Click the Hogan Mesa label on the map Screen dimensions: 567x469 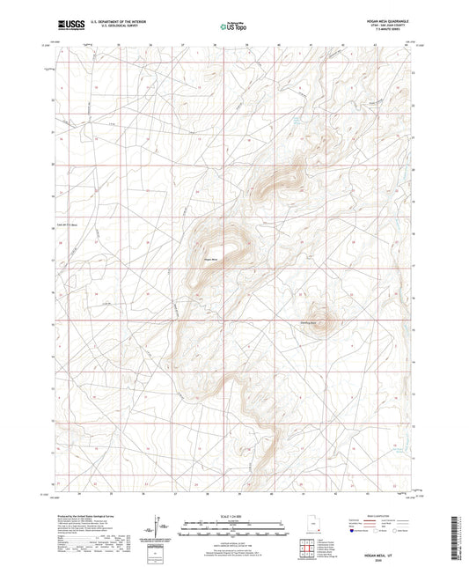pyautogui.click(x=210, y=258)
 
